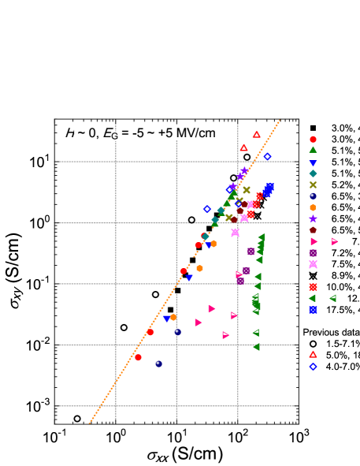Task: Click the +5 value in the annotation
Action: tap(167, 133)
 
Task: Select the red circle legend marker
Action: tap(313, 139)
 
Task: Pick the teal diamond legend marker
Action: tap(313, 173)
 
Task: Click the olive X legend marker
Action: tap(313, 185)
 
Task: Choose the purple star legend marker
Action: tap(313, 218)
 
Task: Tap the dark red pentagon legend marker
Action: tap(313, 230)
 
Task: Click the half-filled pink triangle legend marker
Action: tap(334, 241)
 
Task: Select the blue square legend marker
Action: tap(313, 310)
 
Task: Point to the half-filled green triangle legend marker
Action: tap(332, 298)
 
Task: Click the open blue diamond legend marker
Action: tap(313, 366)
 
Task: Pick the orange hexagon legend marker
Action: tap(313, 207)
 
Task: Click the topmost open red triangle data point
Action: tap(256, 135)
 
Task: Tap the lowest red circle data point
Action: tap(138, 357)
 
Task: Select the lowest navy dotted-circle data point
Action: tap(158, 363)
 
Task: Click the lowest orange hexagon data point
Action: tap(173, 317)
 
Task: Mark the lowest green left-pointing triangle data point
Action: tap(255, 346)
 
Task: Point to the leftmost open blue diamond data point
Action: tap(207, 209)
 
